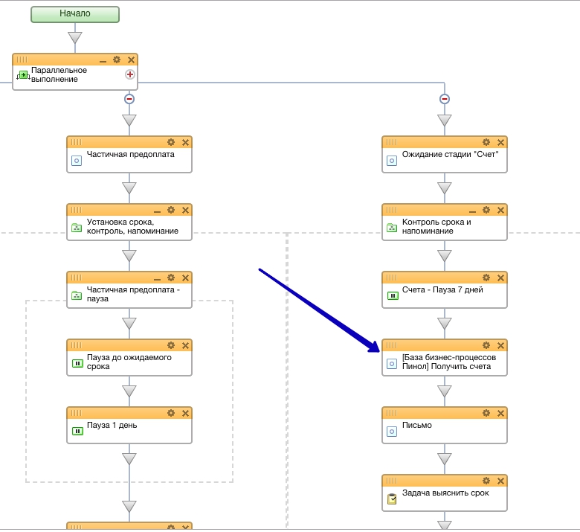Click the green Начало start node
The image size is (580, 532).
point(74,14)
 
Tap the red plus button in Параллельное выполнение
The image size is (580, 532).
point(130,74)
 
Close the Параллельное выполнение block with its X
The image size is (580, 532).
point(132,60)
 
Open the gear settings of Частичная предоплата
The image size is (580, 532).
point(171,142)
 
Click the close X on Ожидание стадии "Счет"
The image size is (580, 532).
point(500,142)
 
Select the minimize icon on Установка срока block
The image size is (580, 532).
point(157,211)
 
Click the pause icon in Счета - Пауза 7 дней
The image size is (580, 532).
point(391,295)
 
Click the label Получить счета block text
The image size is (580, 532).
point(448,362)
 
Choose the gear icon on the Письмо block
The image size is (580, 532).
point(486,413)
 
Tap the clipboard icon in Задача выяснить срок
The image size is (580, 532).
point(391,499)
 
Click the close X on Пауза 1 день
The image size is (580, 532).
point(185,413)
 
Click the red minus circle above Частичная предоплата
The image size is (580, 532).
point(129,99)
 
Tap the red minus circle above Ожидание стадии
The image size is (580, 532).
point(445,99)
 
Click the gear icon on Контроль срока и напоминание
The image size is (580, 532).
point(486,211)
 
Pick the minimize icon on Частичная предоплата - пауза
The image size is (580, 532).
point(157,278)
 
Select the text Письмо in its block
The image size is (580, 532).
point(416,426)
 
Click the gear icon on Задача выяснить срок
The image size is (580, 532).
point(486,481)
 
